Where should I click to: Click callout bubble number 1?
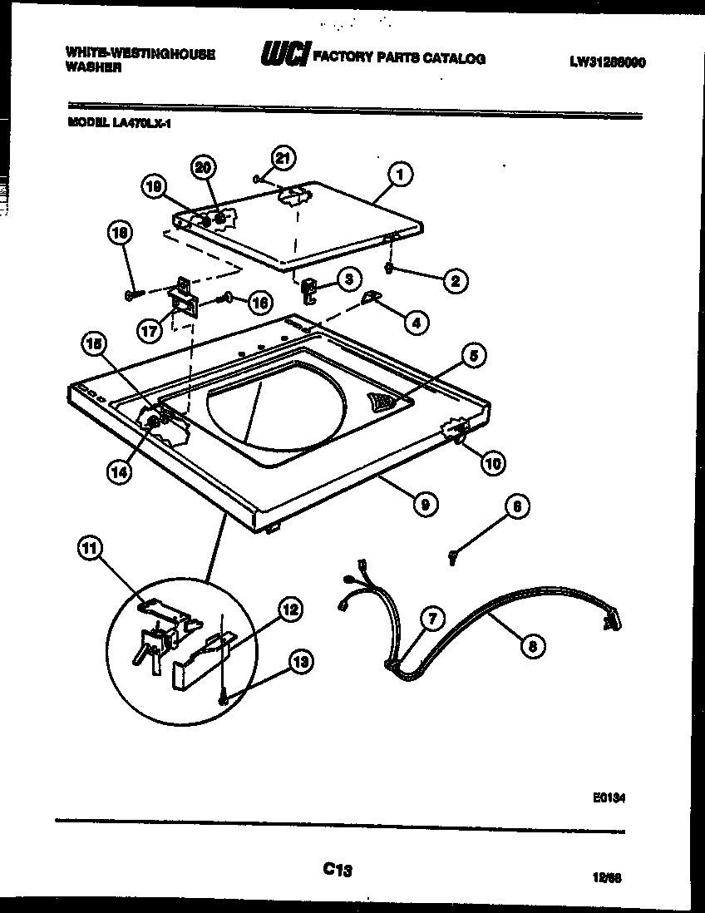coord(400,175)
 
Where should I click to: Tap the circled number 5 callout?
coord(471,357)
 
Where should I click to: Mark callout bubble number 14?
coord(120,471)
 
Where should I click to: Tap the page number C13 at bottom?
coord(338,870)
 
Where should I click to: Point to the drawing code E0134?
coord(609,796)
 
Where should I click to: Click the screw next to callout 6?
coord(451,557)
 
